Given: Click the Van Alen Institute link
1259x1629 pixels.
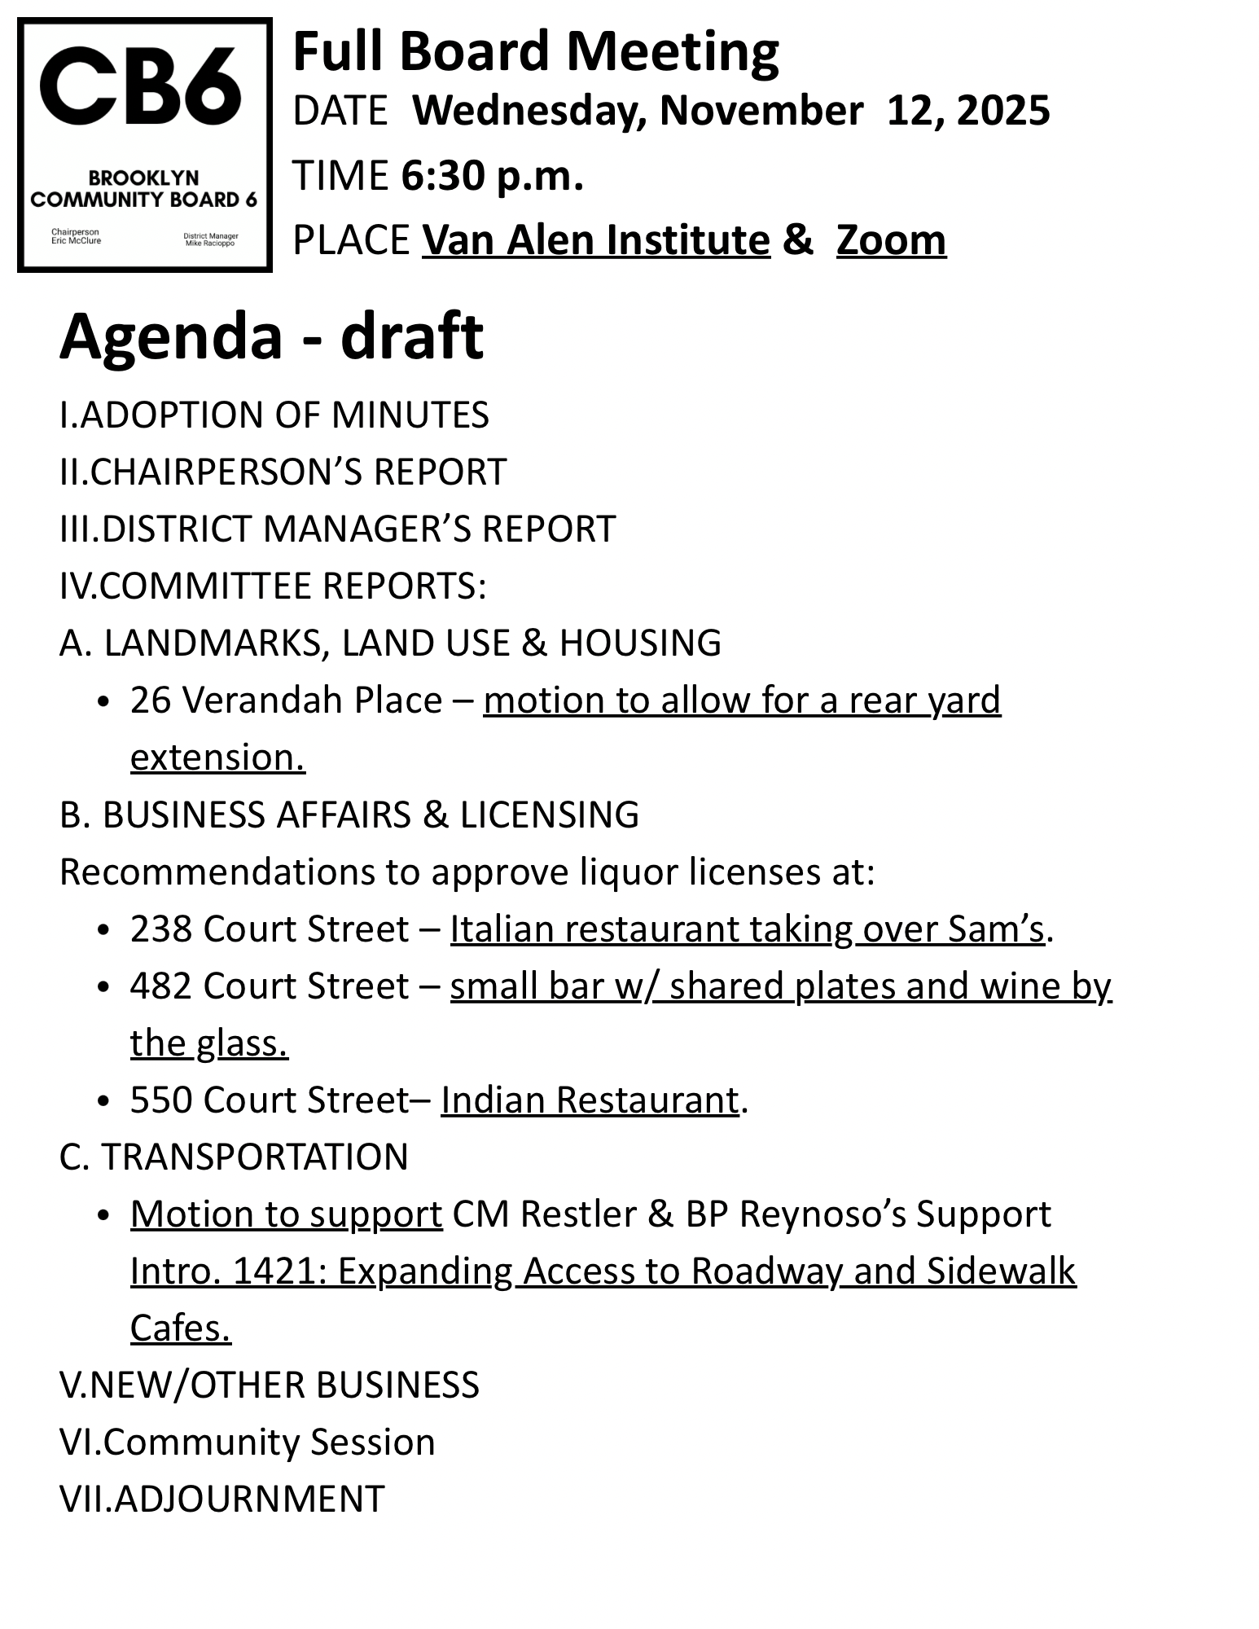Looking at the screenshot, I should click(x=595, y=240).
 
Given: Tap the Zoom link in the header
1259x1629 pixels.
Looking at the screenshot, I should click(x=891, y=240).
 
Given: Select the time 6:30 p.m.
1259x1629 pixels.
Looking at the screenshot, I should click(x=492, y=175).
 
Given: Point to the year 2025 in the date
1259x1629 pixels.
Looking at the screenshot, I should click(x=1003, y=111).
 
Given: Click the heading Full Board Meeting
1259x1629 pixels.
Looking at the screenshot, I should click(x=535, y=51).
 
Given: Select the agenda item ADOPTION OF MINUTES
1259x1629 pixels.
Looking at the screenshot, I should click(x=274, y=415).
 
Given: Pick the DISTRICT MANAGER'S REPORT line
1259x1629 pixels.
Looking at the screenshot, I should click(x=338, y=529).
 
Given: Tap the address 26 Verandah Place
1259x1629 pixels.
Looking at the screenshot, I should click(x=286, y=700).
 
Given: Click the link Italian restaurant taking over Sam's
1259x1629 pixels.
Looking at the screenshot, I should click(x=747, y=929).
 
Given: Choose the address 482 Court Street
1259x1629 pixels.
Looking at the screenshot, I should click(x=270, y=986).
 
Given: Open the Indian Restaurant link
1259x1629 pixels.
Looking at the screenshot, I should click(x=590, y=1100).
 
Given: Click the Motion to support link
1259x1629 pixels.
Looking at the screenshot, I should click(x=286, y=1214).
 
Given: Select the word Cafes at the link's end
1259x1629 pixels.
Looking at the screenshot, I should click(x=180, y=1328).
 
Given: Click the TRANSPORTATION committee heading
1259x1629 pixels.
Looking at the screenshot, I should click(x=234, y=1157).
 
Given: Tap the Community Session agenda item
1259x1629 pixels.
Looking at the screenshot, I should click(x=248, y=1442).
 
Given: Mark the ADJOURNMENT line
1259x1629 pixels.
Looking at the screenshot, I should click(x=222, y=1499).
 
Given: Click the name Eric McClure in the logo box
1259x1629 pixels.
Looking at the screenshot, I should click(x=76, y=241).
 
